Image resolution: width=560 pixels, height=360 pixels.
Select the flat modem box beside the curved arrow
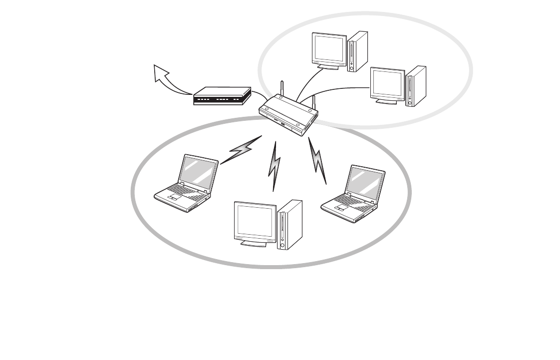coord(222,96)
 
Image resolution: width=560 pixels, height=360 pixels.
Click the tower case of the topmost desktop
coord(358,51)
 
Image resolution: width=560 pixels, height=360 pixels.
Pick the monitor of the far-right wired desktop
coord(387,84)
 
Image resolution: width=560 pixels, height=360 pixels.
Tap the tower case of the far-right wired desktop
coord(416,86)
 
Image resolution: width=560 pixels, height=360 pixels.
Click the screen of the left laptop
coord(199,172)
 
